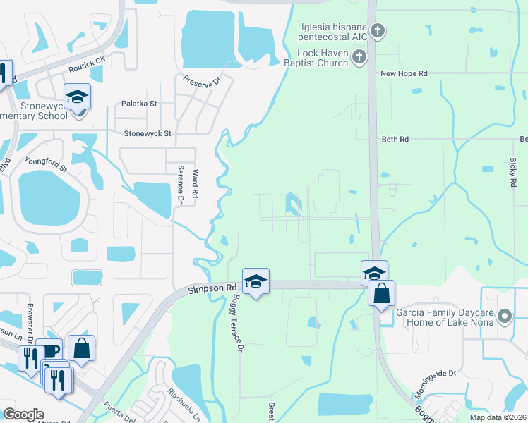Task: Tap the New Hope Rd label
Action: [404, 73]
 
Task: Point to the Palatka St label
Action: [138, 103]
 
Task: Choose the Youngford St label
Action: [45, 164]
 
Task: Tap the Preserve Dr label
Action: [198, 84]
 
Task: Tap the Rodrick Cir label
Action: [87, 65]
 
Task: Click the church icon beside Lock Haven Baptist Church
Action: [359, 57]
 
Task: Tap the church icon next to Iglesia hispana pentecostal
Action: [378, 30]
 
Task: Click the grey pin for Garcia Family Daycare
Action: [505, 317]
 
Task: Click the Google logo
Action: [23, 415]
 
